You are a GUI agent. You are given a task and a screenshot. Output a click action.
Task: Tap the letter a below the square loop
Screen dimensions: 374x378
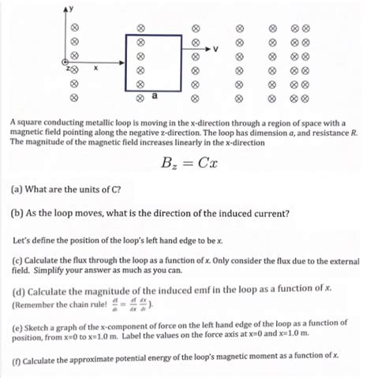click(x=154, y=96)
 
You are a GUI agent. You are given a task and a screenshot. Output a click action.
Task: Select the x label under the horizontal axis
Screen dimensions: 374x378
click(x=95, y=69)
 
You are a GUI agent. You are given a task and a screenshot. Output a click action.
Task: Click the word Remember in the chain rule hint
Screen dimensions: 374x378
click(x=38, y=302)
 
